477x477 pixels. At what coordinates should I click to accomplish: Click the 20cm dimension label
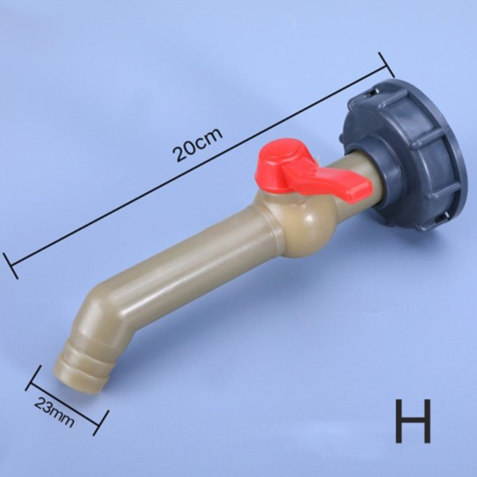point(197,144)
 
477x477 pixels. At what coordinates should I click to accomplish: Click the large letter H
point(413,421)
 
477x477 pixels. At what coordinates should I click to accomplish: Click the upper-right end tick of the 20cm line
point(386,65)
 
